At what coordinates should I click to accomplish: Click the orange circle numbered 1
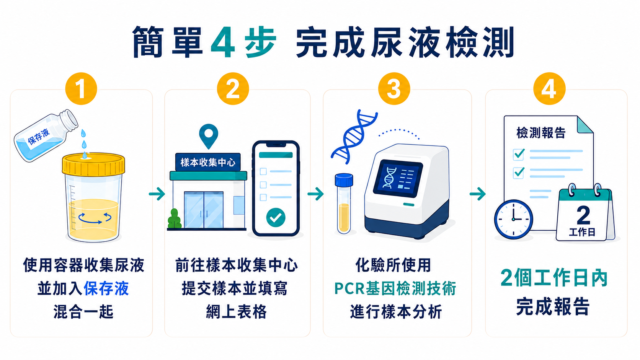(x=81, y=88)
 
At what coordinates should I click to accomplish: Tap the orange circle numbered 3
(x=394, y=88)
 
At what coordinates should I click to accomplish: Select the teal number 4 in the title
(x=223, y=42)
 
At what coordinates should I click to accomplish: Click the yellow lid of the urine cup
(x=93, y=165)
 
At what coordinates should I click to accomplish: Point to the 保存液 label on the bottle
(x=39, y=137)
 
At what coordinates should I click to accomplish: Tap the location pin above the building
(x=209, y=136)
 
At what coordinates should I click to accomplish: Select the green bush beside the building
(x=175, y=219)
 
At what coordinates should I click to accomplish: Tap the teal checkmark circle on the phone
(x=276, y=218)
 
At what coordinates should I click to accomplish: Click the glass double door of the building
(x=204, y=210)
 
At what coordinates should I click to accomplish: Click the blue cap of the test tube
(x=344, y=180)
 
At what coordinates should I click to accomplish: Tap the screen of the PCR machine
(x=398, y=178)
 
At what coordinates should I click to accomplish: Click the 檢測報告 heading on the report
(x=541, y=133)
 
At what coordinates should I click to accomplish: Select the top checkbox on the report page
(x=518, y=155)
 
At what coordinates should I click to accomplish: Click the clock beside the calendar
(x=513, y=219)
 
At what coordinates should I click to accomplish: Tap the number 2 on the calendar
(x=583, y=215)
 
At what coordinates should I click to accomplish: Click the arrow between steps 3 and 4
(x=477, y=194)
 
